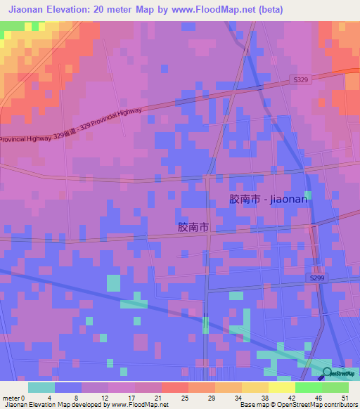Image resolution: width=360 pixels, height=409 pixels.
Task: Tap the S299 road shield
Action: click(x=317, y=279)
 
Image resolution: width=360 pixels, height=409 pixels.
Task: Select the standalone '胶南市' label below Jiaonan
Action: click(x=193, y=228)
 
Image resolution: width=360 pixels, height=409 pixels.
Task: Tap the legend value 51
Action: click(x=344, y=398)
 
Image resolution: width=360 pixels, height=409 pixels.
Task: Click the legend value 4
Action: click(x=49, y=398)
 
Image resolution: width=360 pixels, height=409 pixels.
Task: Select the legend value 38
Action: click(x=264, y=398)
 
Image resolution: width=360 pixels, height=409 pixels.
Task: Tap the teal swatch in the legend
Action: click(x=41, y=387)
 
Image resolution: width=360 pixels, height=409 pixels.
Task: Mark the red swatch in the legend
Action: click(x=174, y=387)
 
